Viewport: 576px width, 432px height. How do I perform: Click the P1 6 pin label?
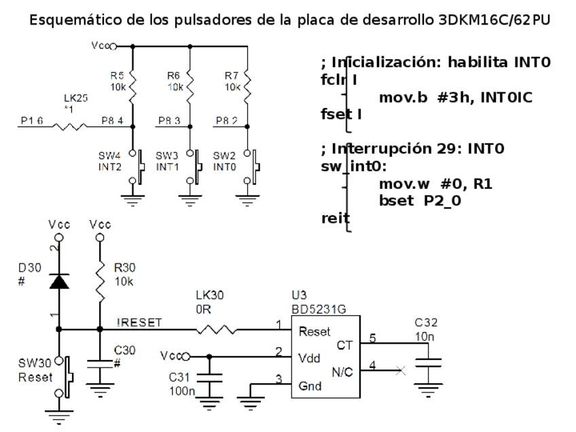click(x=32, y=121)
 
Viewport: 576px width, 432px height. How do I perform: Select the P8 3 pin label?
click(x=169, y=121)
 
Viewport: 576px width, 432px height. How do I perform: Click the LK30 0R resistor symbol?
click(x=217, y=331)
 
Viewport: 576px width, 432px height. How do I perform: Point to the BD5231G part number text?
click(x=319, y=309)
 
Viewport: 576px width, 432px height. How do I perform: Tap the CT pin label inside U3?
click(x=344, y=346)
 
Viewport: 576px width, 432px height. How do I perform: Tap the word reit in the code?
click(x=336, y=218)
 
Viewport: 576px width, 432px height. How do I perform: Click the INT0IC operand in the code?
click(x=506, y=98)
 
